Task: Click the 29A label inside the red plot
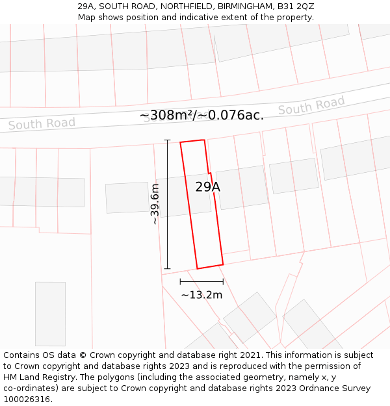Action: click(x=207, y=187)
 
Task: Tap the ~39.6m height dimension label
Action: click(x=155, y=205)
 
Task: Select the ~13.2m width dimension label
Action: click(x=201, y=295)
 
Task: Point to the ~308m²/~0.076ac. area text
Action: click(x=201, y=116)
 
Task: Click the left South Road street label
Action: click(x=42, y=123)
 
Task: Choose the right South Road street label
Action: click(x=311, y=105)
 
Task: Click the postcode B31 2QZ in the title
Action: click(x=296, y=6)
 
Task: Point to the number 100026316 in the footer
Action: click(x=26, y=400)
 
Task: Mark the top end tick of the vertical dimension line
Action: click(x=167, y=140)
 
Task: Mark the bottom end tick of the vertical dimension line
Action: click(x=167, y=268)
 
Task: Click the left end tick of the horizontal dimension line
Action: click(x=180, y=281)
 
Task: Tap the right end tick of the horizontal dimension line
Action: click(x=223, y=281)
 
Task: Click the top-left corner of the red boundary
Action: click(x=180, y=142)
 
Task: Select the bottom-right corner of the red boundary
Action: click(x=223, y=264)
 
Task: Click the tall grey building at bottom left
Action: click(x=50, y=314)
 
